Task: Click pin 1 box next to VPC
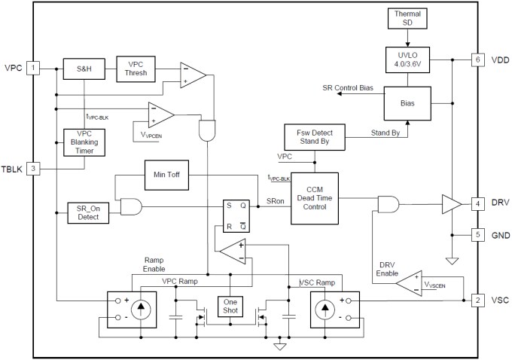(33, 69)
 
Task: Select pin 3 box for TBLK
(33, 168)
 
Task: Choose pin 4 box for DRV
(477, 203)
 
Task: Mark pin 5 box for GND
(477, 235)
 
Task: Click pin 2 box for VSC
(477, 300)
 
